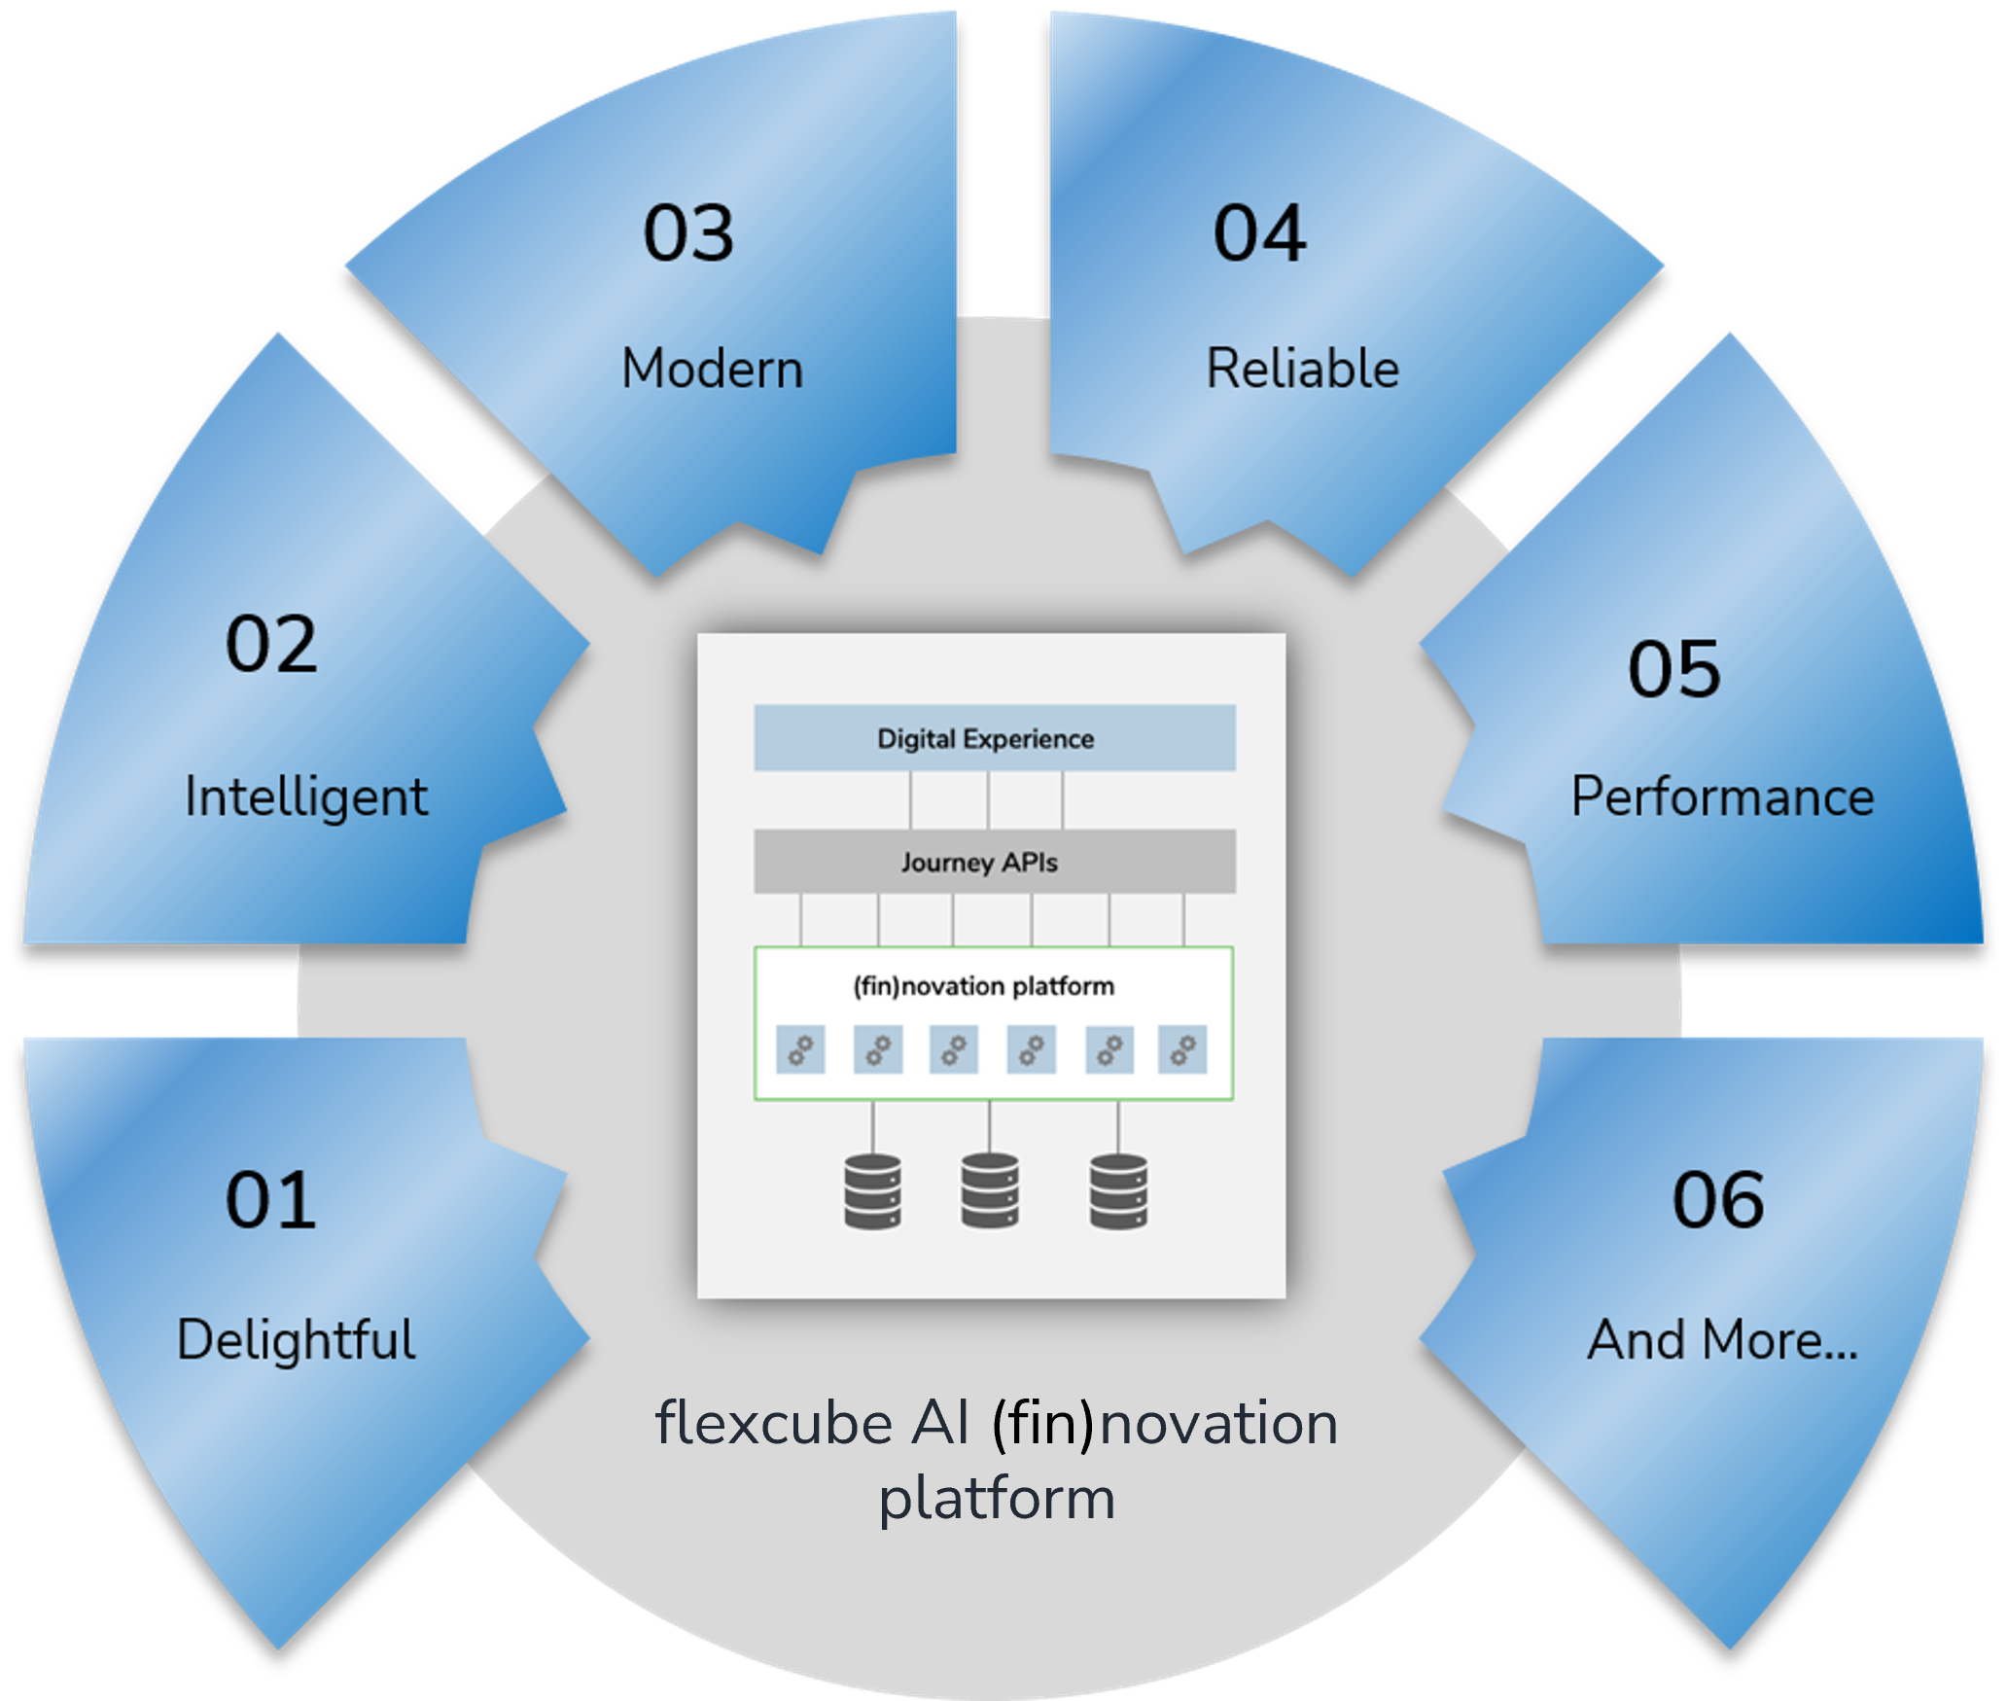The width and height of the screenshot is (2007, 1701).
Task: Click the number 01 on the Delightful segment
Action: click(x=270, y=1200)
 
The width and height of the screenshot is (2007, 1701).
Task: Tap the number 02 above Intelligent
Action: click(x=271, y=644)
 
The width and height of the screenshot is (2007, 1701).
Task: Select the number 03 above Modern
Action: click(x=688, y=233)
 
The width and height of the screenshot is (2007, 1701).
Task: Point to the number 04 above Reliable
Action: click(x=1259, y=233)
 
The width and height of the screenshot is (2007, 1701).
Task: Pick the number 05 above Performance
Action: click(x=1674, y=669)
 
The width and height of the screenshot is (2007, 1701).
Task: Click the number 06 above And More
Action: click(x=1718, y=1200)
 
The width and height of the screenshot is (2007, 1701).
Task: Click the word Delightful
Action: click(x=297, y=1339)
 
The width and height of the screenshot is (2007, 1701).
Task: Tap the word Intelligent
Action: click(x=306, y=797)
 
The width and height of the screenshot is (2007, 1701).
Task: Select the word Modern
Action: click(x=713, y=370)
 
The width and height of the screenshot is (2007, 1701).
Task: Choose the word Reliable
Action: click(x=1303, y=370)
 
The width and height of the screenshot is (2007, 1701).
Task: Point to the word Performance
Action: click(x=1722, y=797)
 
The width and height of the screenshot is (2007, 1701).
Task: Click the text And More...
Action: click(x=1722, y=1339)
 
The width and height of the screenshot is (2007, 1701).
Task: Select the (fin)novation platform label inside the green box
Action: click(x=984, y=986)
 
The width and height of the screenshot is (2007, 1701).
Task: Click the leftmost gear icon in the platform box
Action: click(x=800, y=1049)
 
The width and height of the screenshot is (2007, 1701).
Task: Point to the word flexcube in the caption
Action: click(x=774, y=1424)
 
